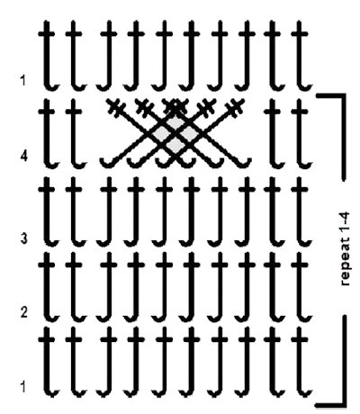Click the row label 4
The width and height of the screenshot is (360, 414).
pyautogui.click(x=23, y=157)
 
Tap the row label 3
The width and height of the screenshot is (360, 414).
pyautogui.click(x=23, y=238)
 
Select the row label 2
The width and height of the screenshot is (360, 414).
pyautogui.click(x=24, y=312)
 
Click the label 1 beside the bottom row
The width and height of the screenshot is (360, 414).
pyautogui.click(x=23, y=387)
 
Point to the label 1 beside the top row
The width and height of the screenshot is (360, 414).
pyautogui.click(x=23, y=80)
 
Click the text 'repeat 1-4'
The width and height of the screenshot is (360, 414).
pyautogui.click(x=345, y=248)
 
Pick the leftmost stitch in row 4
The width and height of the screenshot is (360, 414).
pyautogui.click(x=48, y=133)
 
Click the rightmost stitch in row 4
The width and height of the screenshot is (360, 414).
pyautogui.click(x=301, y=133)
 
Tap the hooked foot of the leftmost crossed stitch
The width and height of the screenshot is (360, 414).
pyautogui.click(x=105, y=163)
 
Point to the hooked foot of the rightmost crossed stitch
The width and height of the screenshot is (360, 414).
pyautogui.click(x=244, y=163)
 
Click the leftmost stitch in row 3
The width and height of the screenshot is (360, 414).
pyautogui.click(x=48, y=211)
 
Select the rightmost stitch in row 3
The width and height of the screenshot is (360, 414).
pyautogui.click(x=301, y=211)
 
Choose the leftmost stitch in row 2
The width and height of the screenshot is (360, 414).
pyautogui.click(x=48, y=286)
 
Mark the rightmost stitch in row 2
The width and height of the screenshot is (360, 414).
pyautogui.click(x=301, y=286)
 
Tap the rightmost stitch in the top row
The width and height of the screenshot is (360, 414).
pyautogui.click(x=301, y=56)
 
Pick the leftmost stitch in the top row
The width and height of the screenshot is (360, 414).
pyautogui.click(x=48, y=56)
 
